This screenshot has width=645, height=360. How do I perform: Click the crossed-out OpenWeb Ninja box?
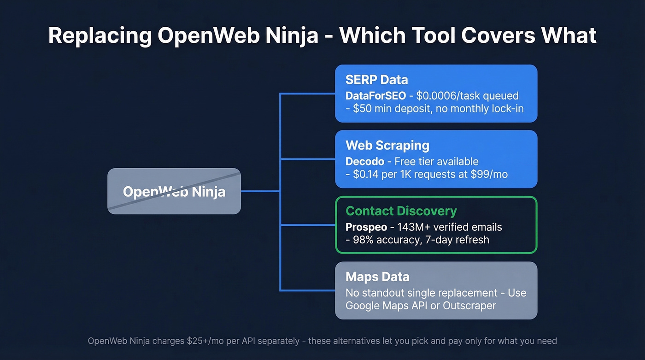[x=174, y=191]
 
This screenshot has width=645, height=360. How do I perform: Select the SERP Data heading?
[x=376, y=80]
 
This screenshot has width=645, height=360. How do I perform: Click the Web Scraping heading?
[x=387, y=146]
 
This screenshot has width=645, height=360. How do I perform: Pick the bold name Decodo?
[x=364, y=162]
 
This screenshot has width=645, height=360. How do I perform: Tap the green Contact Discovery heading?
[x=401, y=211]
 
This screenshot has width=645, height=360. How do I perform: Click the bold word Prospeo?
[x=366, y=227]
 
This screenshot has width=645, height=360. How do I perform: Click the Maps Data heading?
[x=377, y=277]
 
